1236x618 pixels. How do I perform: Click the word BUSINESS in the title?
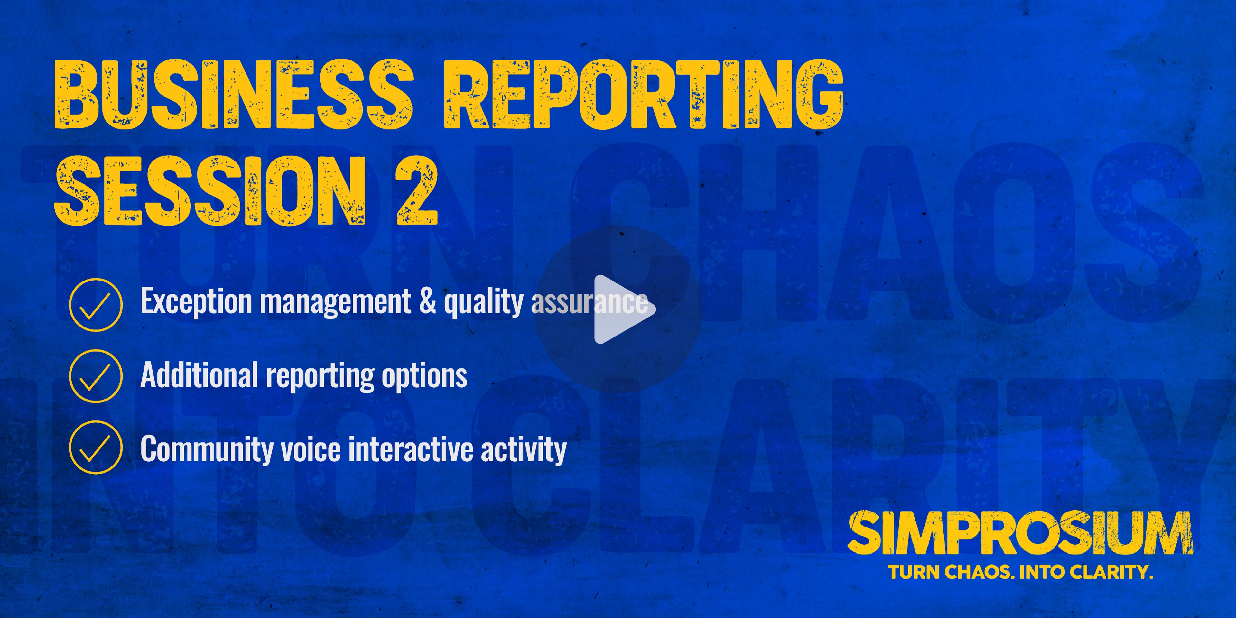[233, 95]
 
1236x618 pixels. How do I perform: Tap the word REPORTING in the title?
[643, 95]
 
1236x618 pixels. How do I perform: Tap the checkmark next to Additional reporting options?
[96, 376]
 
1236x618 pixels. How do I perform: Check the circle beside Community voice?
[96, 448]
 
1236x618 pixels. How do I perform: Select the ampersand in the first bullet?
[427, 301]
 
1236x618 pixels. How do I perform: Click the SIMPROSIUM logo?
[1020, 533]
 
